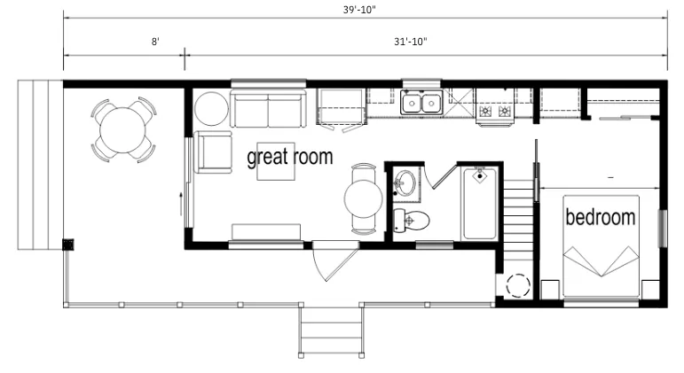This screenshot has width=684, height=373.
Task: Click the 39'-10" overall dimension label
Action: pos(359,10)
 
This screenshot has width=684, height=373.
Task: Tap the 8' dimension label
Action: pos(155,42)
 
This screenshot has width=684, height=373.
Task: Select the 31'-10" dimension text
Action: pos(411,42)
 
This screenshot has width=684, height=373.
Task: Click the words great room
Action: pos(289,157)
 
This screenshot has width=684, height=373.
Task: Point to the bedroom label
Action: pos(601,216)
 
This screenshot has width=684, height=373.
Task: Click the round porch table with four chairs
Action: pos(123,130)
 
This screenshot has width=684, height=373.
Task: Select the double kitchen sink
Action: pos(421,103)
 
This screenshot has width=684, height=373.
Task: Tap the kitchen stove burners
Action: pos(495,111)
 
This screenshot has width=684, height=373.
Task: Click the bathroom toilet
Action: pos(411,221)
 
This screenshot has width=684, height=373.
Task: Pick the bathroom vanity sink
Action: pos(404,183)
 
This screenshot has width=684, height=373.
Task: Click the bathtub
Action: pos(480,204)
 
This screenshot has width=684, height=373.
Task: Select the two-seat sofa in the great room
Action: pos(268,109)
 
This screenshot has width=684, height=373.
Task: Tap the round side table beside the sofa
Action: pos(211,108)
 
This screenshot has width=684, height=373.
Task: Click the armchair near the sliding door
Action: pos(213,152)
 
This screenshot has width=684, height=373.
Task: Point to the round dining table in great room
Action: pos(364,198)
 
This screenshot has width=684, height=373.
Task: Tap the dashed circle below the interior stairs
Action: pos(518,286)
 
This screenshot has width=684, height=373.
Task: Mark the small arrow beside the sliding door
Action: pos(181,204)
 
